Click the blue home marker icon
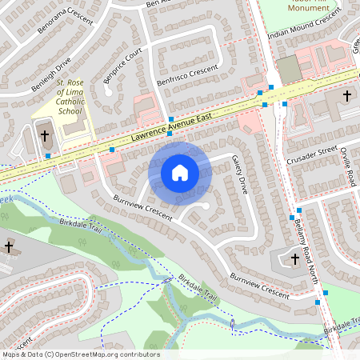[180, 172]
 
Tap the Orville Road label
[345, 167]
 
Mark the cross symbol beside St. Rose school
[44, 136]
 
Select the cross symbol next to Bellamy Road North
[294, 258]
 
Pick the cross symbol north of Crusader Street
[346, 96]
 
